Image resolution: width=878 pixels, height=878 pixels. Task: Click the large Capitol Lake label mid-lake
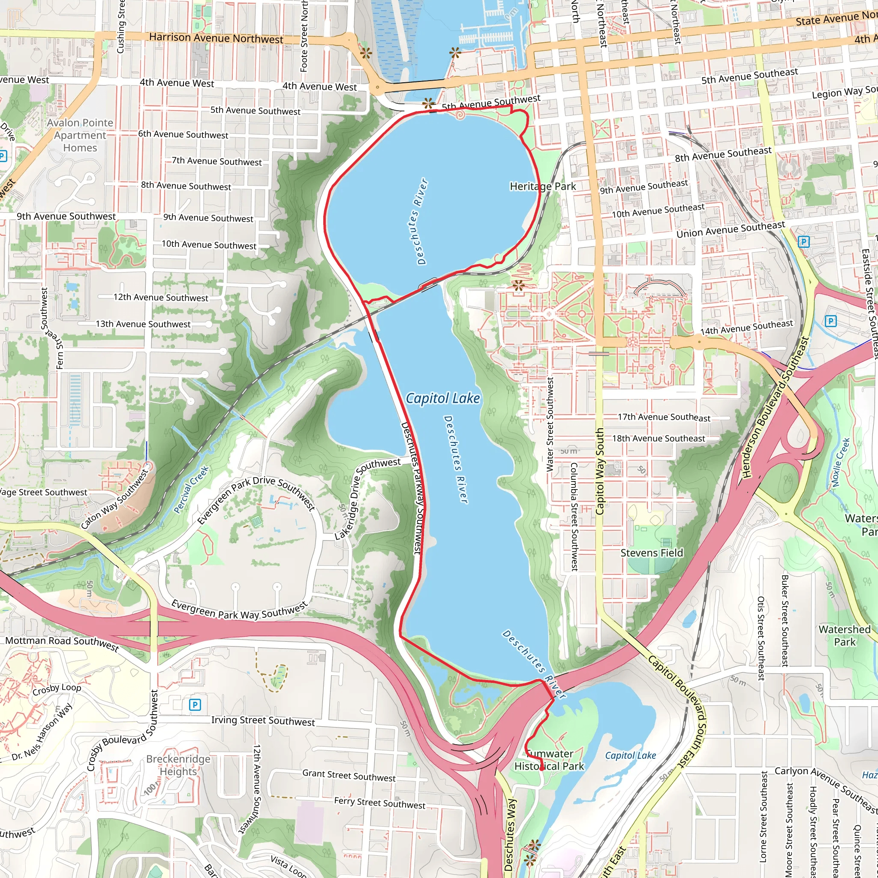click(442, 399)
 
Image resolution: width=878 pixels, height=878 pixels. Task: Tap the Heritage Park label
click(543, 186)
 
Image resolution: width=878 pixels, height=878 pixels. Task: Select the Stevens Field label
click(652, 553)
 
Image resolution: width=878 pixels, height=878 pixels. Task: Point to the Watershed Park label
click(845, 635)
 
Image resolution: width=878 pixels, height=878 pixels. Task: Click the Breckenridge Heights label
click(178, 765)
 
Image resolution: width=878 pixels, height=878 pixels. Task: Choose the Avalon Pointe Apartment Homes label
click(80, 135)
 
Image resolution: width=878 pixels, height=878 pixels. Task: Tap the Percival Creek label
click(191, 489)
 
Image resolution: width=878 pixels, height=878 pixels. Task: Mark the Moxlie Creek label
click(840, 463)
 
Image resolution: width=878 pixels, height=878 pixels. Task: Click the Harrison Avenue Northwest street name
click(216, 38)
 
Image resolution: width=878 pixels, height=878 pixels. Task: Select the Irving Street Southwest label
click(263, 721)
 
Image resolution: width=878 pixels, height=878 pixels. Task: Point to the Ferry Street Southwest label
click(379, 803)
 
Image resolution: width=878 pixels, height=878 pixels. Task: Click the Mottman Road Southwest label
click(62, 642)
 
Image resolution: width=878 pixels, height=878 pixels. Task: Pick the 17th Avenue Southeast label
click(664, 417)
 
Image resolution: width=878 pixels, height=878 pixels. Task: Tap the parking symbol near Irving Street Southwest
click(195, 705)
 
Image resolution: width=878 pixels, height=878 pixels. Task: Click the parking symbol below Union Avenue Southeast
click(803, 242)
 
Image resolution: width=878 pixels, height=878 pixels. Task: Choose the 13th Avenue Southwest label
click(143, 324)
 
